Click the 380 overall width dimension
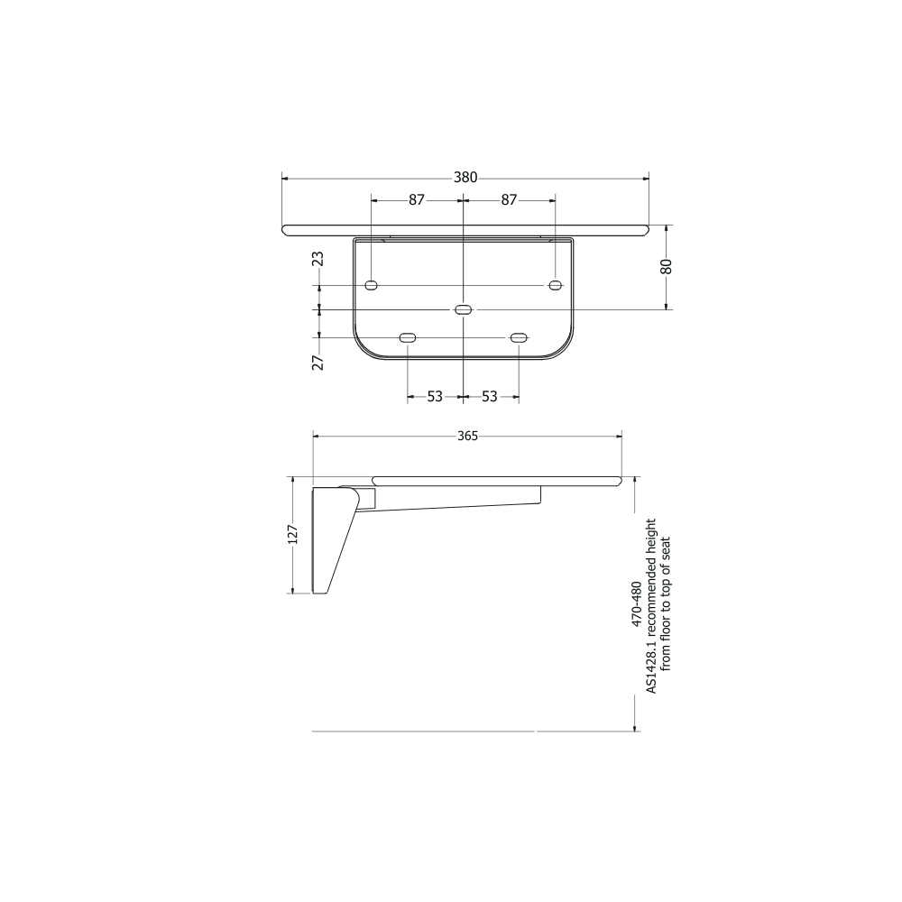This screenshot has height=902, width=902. [x=465, y=178]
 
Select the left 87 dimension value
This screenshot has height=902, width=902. [x=416, y=200]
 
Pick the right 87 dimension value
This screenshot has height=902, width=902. [x=509, y=200]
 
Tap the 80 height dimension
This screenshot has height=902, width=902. [x=667, y=267]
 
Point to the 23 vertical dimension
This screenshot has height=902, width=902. [x=318, y=260]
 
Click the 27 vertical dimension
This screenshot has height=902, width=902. [x=318, y=363]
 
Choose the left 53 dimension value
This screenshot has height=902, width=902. [x=435, y=396]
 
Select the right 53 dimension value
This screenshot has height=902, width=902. [x=490, y=396]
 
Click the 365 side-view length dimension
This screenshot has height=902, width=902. [x=467, y=436]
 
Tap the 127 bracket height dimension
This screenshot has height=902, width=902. [x=292, y=535]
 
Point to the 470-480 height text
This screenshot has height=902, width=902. [x=637, y=604]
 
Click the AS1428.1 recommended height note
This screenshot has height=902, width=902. [x=651, y=604]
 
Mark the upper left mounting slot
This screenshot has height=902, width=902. [x=371, y=286]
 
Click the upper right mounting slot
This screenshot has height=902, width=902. [x=555, y=286]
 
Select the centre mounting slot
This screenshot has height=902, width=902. [x=463, y=310]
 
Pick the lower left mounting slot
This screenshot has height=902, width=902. [x=408, y=337]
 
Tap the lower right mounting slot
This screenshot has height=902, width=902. [x=518, y=337]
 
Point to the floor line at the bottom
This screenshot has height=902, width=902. [x=424, y=731]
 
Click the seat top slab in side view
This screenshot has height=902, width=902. [x=496, y=480]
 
